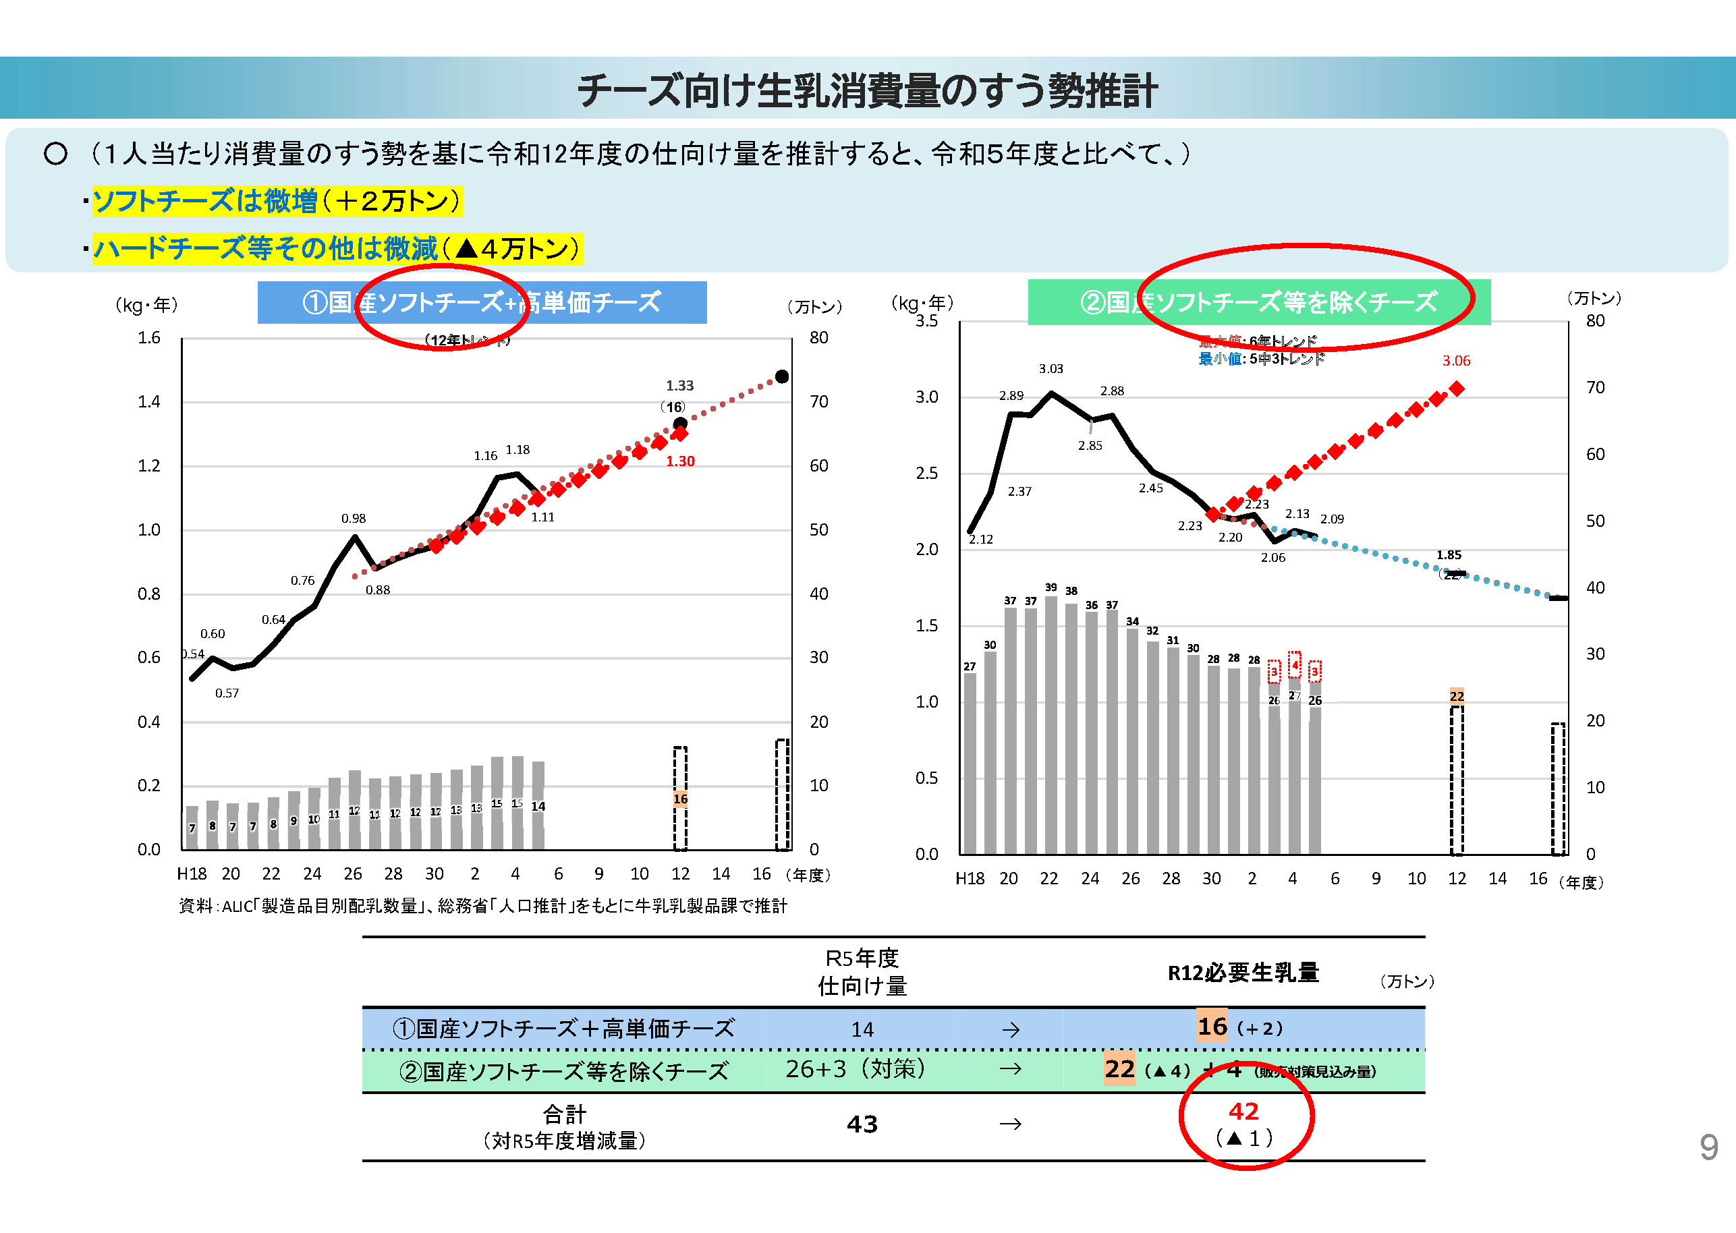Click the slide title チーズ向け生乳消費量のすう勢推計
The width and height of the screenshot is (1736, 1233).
pos(867,90)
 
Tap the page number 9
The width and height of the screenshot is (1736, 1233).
pos(1708,1147)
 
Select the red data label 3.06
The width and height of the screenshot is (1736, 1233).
pos(1456,361)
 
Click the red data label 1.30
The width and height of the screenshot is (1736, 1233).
pos(680,461)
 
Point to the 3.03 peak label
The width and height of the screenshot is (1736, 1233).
pos(1051,369)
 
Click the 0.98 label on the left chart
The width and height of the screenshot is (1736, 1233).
pos(353,519)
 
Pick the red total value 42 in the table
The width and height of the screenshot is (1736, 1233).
pos(1243,1112)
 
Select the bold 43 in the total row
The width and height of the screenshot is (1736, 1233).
pos(862,1124)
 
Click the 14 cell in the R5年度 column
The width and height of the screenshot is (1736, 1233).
pos(862,1029)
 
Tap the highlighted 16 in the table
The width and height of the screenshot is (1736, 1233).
pos(1212,1027)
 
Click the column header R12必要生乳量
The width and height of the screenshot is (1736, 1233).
pos(1243,973)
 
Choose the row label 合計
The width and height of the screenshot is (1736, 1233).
pos(564,1114)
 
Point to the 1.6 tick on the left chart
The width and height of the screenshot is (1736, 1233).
pos(149,338)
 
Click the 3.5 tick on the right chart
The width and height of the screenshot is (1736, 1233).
pos(926,321)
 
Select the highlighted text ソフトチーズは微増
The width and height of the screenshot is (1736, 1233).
pos(205,201)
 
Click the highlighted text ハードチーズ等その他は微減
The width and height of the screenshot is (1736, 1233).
pos(265,249)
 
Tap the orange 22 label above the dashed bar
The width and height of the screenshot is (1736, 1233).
pos(1457,696)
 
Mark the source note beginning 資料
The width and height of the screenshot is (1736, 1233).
pos(483,906)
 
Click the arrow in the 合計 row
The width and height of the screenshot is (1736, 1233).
pos(1010,1124)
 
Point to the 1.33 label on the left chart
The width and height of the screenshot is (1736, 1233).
pos(679,386)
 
